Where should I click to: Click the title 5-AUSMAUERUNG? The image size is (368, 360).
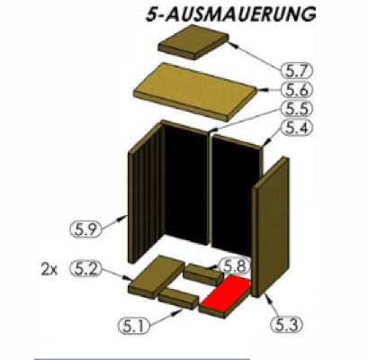[230, 14]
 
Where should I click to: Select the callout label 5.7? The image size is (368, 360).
[297, 71]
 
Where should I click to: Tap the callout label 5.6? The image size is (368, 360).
[297, 90]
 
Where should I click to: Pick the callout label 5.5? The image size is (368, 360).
[297, 109]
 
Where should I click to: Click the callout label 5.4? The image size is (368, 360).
[297, 128]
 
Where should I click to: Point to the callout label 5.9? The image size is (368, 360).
[85, 229]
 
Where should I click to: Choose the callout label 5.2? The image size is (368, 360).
[85, 269]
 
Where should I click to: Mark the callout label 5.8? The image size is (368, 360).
[235, 265]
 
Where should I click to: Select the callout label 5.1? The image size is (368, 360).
[134, 326]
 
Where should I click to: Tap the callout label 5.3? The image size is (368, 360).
[287, 325]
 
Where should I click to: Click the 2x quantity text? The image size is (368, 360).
[49, 270]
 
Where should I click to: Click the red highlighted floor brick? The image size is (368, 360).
[226, 293]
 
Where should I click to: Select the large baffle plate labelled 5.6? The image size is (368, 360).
[195, 92]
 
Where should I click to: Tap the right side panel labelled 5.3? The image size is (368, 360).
[271, 227]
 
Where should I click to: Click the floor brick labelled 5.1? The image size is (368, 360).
[178, 299]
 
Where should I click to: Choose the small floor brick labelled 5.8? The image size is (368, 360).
[203, 274]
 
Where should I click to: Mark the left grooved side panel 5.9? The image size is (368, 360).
[147, 192]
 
